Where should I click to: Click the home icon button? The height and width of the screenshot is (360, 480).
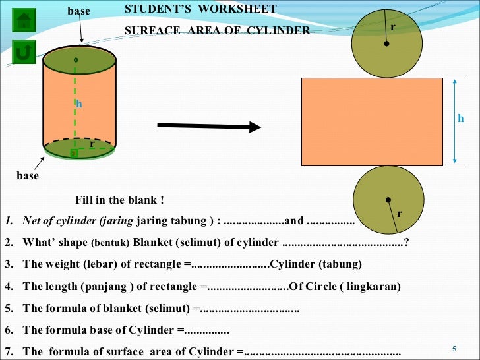tap(24, 20)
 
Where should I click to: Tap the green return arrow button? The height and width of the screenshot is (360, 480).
tap(24, 51)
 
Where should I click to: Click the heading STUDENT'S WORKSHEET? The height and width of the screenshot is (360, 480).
tap(200, 9)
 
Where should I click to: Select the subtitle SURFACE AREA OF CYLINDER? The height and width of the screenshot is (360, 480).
tap(217, 30)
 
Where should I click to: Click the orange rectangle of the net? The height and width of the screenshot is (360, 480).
tap(372, 121)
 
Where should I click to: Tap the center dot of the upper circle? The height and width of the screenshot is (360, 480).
tap(386, 44)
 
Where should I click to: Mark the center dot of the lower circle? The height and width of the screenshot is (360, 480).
tap(388, 200)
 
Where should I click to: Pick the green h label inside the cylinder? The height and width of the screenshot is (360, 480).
tap(79, 104)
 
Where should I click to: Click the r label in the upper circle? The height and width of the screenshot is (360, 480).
tap(393, 26)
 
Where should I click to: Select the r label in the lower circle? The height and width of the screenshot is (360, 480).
tap(400, 214)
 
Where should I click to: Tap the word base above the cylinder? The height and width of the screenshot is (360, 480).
tap(78, 11)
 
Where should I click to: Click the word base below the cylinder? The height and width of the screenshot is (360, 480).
tap(28, 176)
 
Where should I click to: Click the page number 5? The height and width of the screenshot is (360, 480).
tap(454, 349)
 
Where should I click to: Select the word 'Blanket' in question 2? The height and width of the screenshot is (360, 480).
tap(150, 242)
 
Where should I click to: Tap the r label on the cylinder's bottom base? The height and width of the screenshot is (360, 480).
tap(92, 143)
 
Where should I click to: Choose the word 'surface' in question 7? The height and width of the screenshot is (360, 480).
tap(128, 351)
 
